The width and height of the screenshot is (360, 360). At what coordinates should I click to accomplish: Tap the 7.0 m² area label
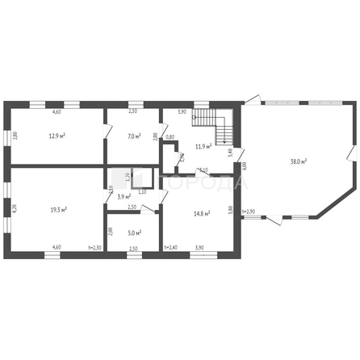(135, 136)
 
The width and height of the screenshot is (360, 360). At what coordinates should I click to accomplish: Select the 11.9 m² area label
(203, 146)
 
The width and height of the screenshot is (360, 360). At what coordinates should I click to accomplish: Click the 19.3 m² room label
(58, 209)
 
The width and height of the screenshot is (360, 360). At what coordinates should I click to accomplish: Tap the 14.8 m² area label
(202, 213)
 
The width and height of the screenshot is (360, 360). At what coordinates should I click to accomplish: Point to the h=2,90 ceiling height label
(249, 211)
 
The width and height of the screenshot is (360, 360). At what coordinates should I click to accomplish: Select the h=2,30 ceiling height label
(94, 248)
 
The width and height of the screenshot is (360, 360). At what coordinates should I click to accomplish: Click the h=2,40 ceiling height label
(170, 248)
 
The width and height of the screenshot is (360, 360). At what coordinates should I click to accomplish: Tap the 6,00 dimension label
(244, 166)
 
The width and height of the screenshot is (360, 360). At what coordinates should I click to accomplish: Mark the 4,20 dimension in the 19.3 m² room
(15, 208)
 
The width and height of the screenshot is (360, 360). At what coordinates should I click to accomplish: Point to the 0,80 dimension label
(170, 137)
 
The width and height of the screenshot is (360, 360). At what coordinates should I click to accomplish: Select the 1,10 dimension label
(142, 191)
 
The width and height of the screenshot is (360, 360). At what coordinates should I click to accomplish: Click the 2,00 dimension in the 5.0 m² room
(111, 231)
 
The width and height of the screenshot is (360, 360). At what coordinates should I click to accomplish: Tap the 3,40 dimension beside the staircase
(230, 151)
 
